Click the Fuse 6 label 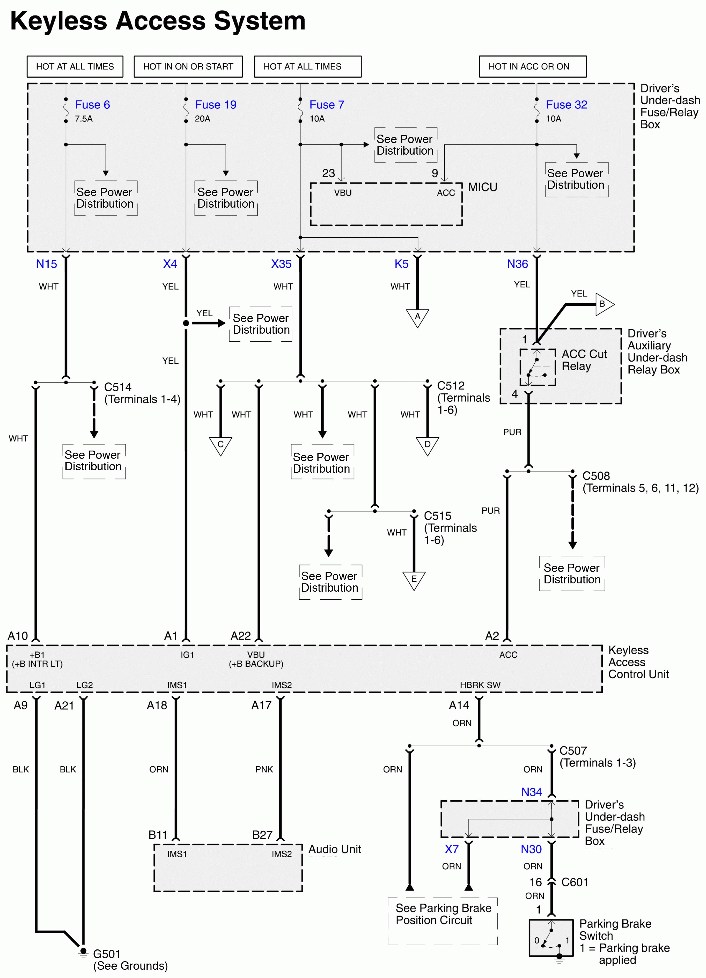[x=92, y=105]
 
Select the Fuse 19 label [x=215, y=105]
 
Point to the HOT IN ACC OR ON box [x=532, y=67]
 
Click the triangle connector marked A [x=417, y=317]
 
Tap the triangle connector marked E [x=414, y=580]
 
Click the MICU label [x=482, y=187]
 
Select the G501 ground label [x=107, y=954]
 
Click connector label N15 [x=46, y=264]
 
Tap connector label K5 [x=401, y=264]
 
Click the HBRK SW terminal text [x=480, y=685]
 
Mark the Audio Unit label [x=334, y=849]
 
